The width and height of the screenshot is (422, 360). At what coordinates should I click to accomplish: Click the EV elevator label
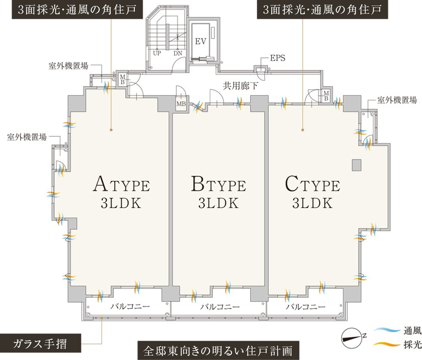coord(201,41)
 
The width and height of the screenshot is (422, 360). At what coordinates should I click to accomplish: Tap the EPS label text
coord(277,58)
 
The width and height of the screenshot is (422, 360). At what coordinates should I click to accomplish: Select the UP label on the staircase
coord(157,53)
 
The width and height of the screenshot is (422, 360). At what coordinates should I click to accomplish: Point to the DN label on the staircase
coord(177,53)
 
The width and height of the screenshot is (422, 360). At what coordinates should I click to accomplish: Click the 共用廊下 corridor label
coord(240,86)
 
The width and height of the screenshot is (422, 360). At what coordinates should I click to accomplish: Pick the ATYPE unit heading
coord(121,184)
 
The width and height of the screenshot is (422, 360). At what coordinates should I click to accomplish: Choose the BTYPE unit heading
coord(219,184)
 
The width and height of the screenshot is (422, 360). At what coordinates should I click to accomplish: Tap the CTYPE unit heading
coord(313,184)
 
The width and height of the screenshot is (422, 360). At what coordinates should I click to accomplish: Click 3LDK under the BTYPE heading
coord(219,203)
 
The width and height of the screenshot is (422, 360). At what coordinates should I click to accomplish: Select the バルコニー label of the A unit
coord(130,306)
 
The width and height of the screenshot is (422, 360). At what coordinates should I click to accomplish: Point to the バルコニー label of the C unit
coord(305,306)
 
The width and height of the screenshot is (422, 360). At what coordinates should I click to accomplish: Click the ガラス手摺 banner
coord(40,343)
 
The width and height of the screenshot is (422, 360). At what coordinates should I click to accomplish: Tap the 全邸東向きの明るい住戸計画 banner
coord(218,351)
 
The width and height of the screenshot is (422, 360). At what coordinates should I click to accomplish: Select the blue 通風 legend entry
coord(397,330)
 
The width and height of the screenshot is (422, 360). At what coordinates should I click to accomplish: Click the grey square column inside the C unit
coord(357,165)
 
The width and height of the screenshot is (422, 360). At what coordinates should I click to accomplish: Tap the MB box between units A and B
coord(181,104)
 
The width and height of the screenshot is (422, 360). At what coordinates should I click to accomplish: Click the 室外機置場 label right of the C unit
coord(397,100)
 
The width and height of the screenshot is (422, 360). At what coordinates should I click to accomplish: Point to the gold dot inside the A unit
coord(111,130)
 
